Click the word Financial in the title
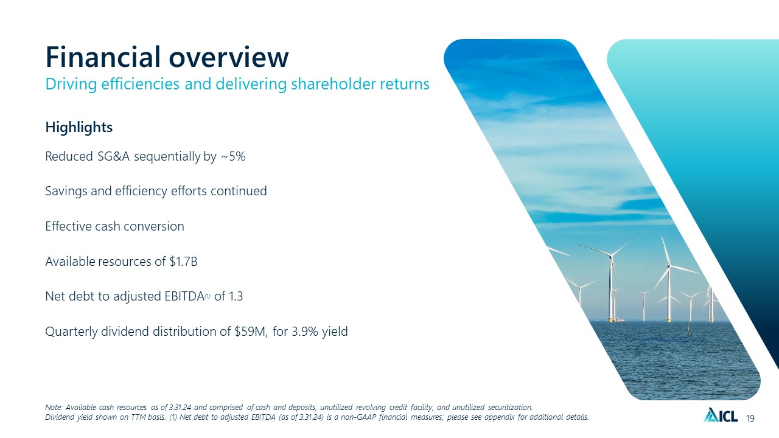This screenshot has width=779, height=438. [x=103, y=57]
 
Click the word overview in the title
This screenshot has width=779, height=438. [x=229, y=57]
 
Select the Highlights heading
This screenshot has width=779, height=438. [x=79, y=128]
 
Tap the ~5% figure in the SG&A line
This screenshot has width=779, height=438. [x=233, y=156]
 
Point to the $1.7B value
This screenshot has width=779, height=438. [x=184, y=262]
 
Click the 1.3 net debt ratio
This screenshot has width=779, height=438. [x=236, y=296]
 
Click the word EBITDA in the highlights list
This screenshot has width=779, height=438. [x=184, y=296]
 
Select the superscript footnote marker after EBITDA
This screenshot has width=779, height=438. [x=208, y=296]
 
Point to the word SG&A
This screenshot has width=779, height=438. [x=113, y=156]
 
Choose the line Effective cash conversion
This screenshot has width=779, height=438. [x=115, y=226]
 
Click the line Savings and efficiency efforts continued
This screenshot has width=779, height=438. [x=156, y=191]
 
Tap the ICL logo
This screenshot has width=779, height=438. [x=721, y=415]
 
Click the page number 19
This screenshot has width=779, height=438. [x=750, y=418]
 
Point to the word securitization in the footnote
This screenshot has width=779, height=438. [x=510, y=407]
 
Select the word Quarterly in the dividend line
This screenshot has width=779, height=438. [x=72, y=332]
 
